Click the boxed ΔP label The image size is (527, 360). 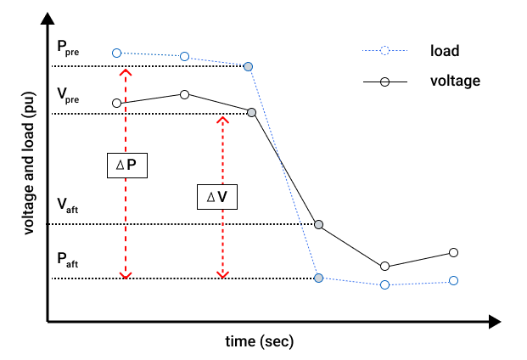pos(126,164)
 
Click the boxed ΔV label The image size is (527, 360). pos(217,197)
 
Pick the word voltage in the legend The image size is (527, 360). pos(455,82)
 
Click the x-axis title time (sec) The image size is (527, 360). pos(260,341)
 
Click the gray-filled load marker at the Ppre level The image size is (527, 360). pos(248,66)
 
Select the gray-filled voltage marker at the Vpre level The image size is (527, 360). pos(252,112)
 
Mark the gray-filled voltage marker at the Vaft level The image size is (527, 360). pos(318,224)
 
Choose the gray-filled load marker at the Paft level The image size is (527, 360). pos(318,278)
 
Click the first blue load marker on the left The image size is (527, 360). pos(117,52)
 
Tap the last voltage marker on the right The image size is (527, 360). pos(453,252)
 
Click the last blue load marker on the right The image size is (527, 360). pos(453,280)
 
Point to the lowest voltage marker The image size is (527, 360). pos(385,267)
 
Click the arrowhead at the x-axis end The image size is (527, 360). pos(495,322)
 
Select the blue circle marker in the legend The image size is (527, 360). pos(384,51)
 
